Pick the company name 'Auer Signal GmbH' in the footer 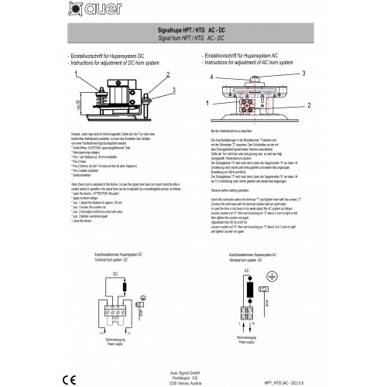coord(193,372)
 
